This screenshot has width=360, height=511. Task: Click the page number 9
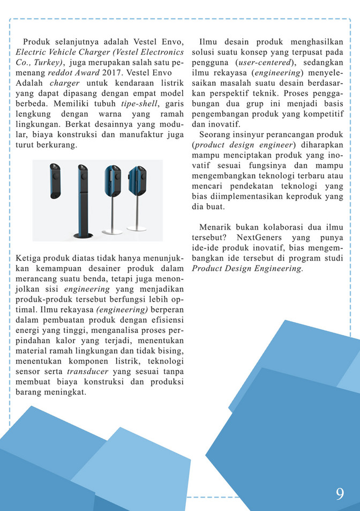[x=340, y=493]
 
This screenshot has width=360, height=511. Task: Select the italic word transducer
[x=85, y=371]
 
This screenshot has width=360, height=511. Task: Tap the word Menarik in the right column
[x=215, y=227]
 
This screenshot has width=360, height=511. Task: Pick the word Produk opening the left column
[x=36, y=42]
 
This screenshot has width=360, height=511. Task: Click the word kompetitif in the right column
[x=323, y=114]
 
